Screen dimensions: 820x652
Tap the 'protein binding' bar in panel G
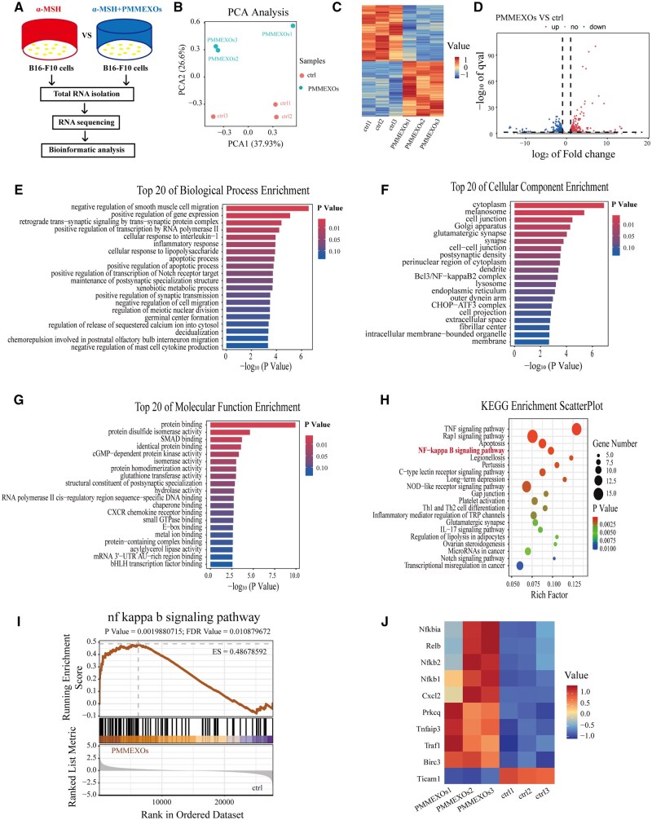coord(252,425)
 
